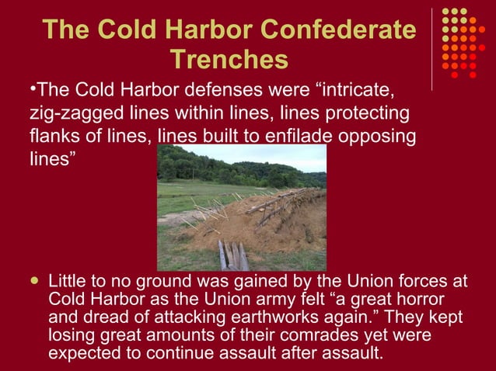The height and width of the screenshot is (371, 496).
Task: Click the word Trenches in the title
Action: point(228,59)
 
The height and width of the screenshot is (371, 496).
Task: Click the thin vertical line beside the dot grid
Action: point(432,47)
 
